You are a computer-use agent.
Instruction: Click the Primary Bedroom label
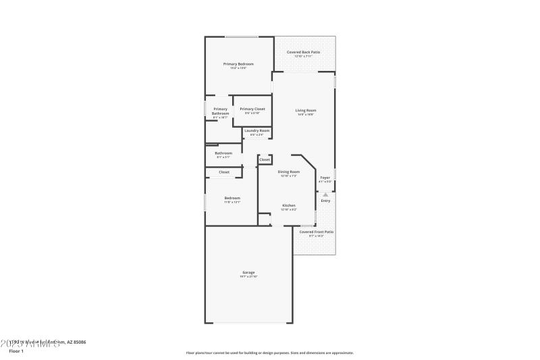click(x=238, y=64)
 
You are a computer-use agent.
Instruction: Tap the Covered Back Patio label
click(x=303, y=52)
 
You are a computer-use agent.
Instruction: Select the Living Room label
click(x=306, y=110)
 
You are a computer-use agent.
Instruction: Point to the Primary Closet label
click(x=252, y=109)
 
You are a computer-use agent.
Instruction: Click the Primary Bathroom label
click(x=221, y=111)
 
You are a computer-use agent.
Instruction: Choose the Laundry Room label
click(x=256, y=130)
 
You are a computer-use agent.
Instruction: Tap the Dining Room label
click(x=288, y=172)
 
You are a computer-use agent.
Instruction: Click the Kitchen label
click(x=288, y=205)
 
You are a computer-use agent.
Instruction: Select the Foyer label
click(x=325, y=178)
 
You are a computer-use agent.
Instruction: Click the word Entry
click(x=325, y=201)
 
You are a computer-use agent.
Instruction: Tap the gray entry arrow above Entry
click(x=325, y=194)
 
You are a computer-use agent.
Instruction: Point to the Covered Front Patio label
click(x=316, y=232)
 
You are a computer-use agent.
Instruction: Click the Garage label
click(x=248, y=273)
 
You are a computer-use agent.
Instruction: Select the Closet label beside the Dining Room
click(x=265, y=159)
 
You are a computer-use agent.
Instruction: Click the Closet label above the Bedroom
click(x=223, y=172)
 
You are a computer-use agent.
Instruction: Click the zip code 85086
click(x=79, y=342)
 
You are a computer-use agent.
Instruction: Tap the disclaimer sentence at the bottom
click(x=269, y=353)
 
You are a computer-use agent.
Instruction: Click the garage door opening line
click(x=248, y=323)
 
